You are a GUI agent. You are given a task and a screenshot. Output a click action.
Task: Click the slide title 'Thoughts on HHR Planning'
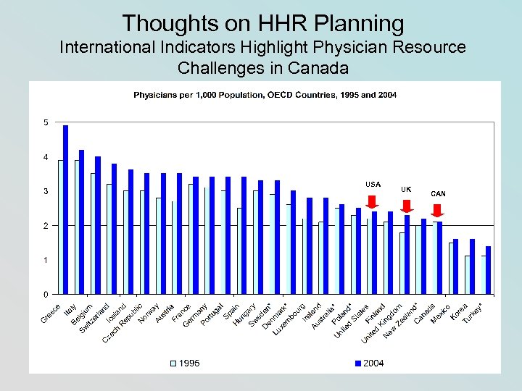[x=262, y=23]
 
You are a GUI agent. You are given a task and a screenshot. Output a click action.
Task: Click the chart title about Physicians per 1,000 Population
[x=265, y=95]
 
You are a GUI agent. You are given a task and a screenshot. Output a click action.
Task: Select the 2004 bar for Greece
[x=65, y=210]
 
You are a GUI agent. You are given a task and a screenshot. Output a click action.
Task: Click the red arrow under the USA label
[x=373, y=202]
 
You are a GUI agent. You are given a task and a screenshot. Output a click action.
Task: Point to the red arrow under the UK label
[x=407, y=206]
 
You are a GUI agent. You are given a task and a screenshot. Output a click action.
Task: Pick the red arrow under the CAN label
[x=437, y=210]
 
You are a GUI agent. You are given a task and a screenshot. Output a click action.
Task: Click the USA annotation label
[x=373, y=184]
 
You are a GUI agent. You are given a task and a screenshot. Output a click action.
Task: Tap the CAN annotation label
[x=438, y=193]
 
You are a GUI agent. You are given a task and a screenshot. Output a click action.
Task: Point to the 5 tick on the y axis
[x=46, y=122]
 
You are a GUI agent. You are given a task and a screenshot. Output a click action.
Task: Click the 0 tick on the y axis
[x=46, y=294]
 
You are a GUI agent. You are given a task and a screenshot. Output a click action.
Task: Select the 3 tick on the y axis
[x=46, y=191]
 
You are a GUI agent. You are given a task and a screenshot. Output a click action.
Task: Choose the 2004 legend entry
[x=368, y=363]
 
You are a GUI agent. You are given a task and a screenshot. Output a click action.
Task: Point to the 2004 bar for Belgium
[x=98, y=225]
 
